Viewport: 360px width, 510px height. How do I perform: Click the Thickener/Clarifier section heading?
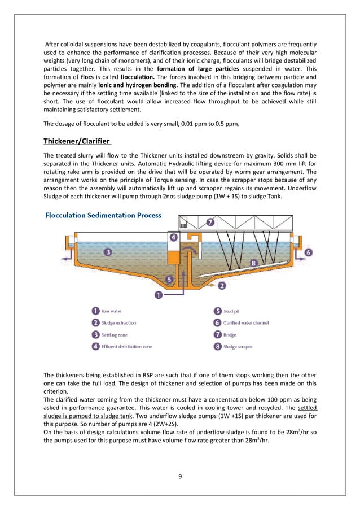(78, 141)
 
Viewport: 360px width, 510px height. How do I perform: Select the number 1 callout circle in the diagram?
(159, 295)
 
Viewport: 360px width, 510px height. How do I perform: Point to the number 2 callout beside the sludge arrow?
(222, 286)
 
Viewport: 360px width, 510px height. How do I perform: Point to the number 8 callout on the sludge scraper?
(253, 263)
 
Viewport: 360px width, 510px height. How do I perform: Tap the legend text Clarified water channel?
(245, 322)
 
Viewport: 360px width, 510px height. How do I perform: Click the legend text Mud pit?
(233, 311)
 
